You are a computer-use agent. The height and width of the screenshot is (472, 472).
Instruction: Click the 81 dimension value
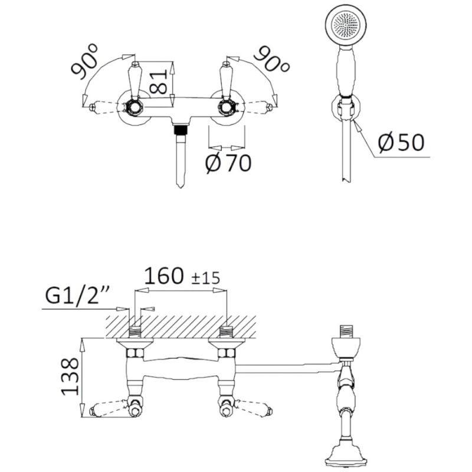click(159, 82)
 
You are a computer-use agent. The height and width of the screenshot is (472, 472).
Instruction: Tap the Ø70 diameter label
click(228, 163)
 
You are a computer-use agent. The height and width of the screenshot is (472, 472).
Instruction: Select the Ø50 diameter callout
click(401, 142)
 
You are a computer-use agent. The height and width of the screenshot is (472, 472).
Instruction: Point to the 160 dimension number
click(164, 276)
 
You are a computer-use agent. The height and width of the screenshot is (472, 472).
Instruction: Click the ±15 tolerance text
click(206, 278)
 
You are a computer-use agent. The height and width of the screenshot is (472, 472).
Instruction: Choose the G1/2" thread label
click(77, 297)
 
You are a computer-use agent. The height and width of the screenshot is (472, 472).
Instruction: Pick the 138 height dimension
click(70, 376)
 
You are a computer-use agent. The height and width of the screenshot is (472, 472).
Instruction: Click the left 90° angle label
click(84, 61)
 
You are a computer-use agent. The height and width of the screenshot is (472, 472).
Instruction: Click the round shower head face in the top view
click(346, 25)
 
